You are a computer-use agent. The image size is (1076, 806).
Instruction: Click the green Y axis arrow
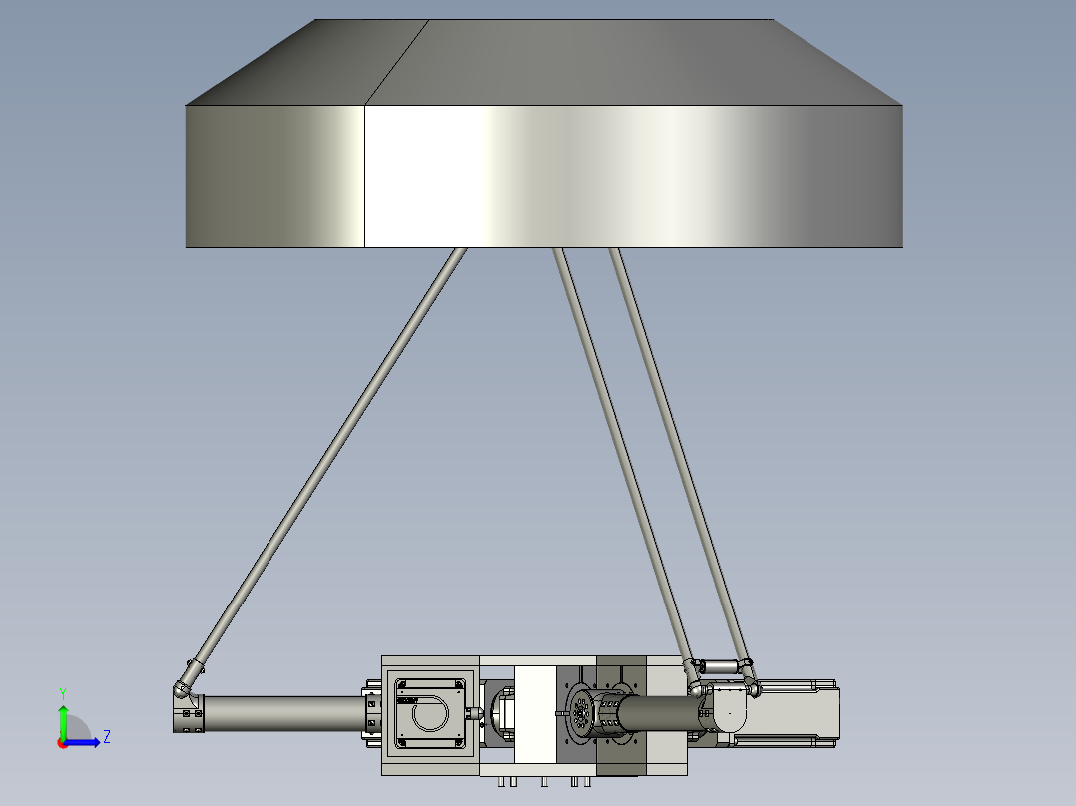pyautogui.click(x=63, y=720)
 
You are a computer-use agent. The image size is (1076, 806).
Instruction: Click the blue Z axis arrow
pyautogui.click(x=82, y=742)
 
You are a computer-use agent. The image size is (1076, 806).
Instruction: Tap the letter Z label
pyautogui.click(x=107, y=737)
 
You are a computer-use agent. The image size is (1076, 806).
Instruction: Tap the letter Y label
pyautogui.click(x=63, y=693)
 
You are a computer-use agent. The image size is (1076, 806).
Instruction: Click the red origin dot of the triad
pyautogui.click(x=63, y=743)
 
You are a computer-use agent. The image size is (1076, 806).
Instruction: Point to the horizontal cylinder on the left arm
pyautogui.click(x=283, y=714)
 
